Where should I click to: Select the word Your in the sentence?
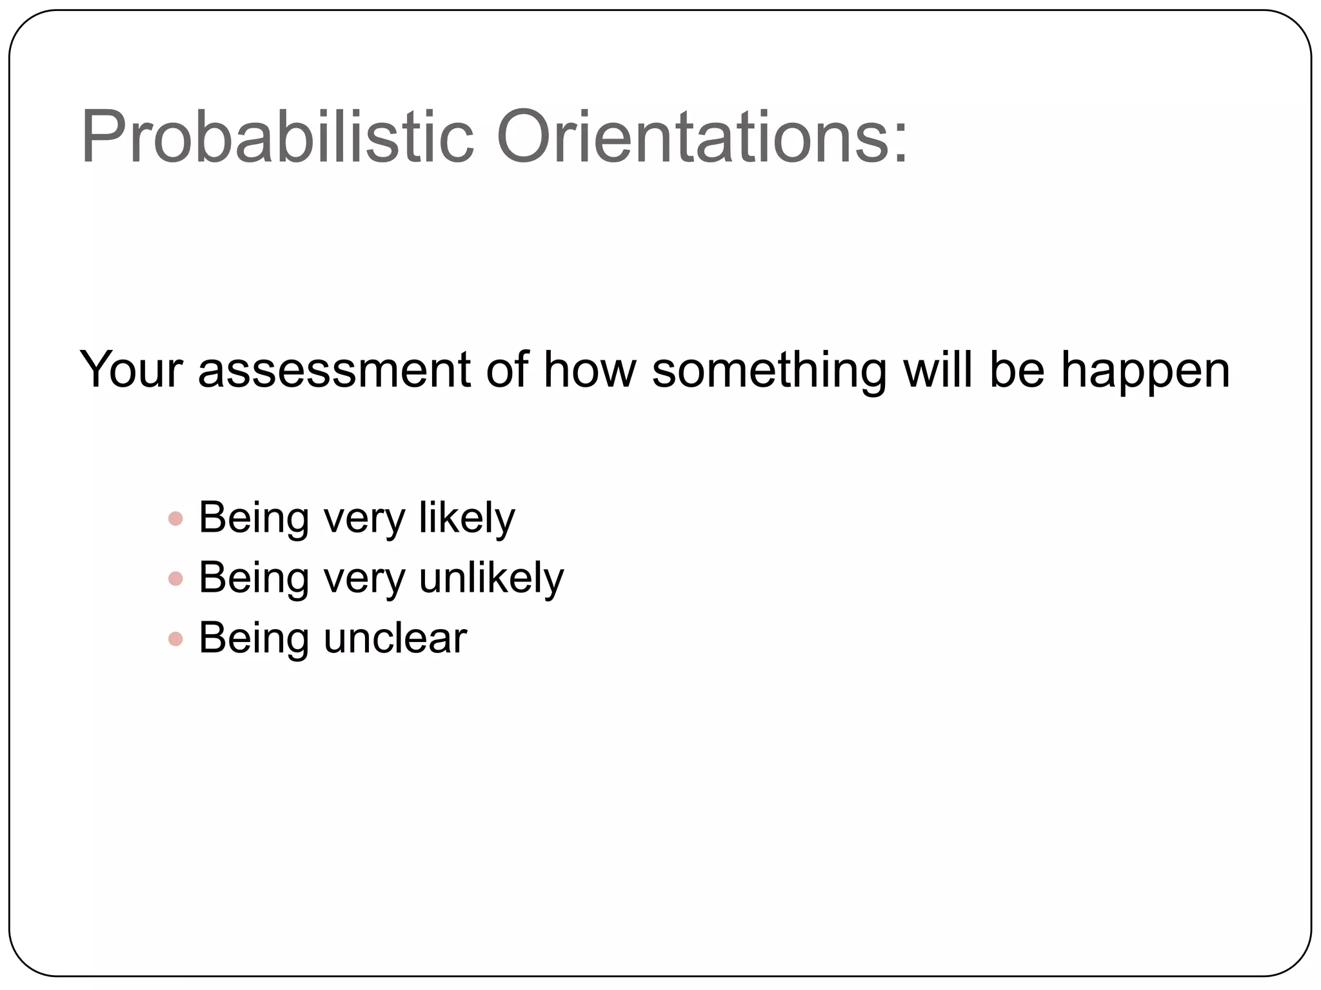tap(131, 370)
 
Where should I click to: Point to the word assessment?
tap(334, 370)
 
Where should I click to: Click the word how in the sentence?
tap(590, 370)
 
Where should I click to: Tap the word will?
tap(937, 370)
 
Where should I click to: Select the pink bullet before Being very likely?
tap(175, 518)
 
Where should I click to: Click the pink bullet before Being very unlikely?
tap(175, 579)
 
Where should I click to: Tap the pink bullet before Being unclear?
tap(175, 639)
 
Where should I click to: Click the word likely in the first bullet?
tap(466, 518)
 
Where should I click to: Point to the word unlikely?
tap(491, 577)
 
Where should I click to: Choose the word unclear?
tap(395, 638)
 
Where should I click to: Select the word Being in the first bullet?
tap(253, 518)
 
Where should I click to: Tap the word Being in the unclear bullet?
tap(253, 638)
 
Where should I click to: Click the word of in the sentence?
tap(507, 370)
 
